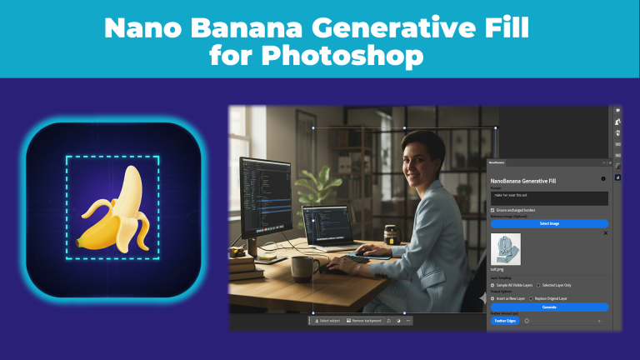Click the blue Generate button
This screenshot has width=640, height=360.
click(549, 307)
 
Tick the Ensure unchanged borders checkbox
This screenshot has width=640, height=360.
click(493, 210)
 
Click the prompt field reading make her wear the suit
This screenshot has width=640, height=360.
click(549, 198)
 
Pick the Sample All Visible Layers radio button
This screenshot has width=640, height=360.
click(492, 285)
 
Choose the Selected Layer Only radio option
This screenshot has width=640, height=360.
click(538, 285)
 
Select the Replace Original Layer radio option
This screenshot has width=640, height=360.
click(532, 297)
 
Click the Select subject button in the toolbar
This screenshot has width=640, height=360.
click(326, 320)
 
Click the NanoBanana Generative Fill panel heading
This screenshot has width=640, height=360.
click(523, 180)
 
